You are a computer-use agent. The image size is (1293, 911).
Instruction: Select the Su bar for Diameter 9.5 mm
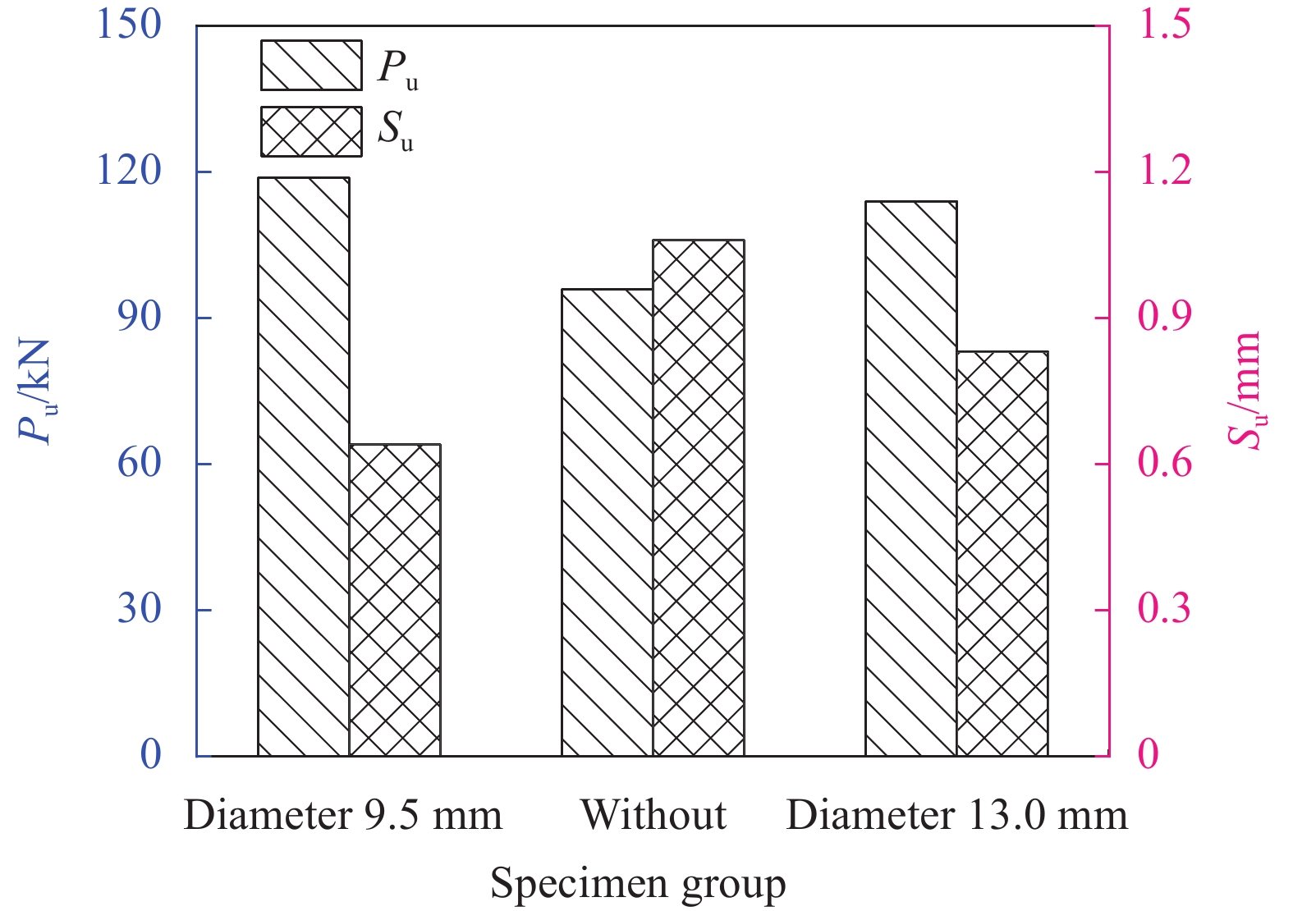tap(395, 600)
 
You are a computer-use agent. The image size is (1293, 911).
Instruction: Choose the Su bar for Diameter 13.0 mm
tap(1002, 553)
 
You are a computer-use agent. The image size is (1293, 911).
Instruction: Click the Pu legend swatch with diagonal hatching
tap(311, 65)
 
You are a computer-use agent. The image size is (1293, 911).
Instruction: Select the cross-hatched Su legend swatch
tap(311, 131)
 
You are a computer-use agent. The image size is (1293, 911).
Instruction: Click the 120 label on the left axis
tap(130, 171)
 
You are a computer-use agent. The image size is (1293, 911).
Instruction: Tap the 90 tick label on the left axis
tap(140, 317)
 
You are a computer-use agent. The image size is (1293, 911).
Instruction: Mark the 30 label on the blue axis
tap(140, 609)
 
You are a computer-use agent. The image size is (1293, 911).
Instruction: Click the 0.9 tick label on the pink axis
tap(1164, 317)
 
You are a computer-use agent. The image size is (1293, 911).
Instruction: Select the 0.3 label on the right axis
tap(1164, 609)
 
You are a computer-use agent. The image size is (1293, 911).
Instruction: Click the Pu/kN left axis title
tap(37, 391)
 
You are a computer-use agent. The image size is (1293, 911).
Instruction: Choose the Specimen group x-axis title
tap(638, 885)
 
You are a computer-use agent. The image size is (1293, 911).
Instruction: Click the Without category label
tap(653, 815)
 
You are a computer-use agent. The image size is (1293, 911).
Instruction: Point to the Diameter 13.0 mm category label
tap(957, 815)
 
